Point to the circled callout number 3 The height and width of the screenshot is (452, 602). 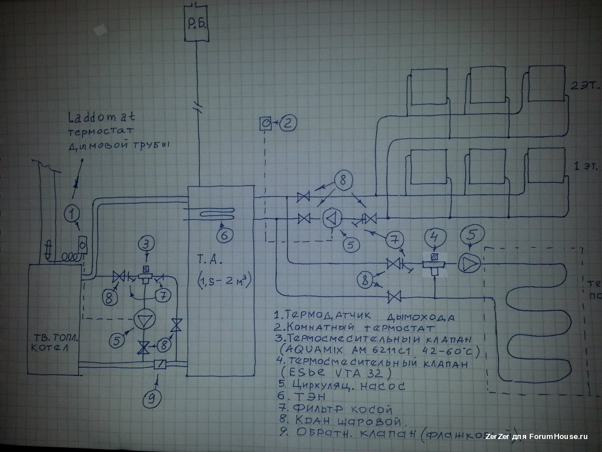146,242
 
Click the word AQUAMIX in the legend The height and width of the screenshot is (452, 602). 322,352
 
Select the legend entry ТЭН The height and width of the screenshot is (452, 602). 303,398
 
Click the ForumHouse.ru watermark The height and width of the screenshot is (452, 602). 556,437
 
